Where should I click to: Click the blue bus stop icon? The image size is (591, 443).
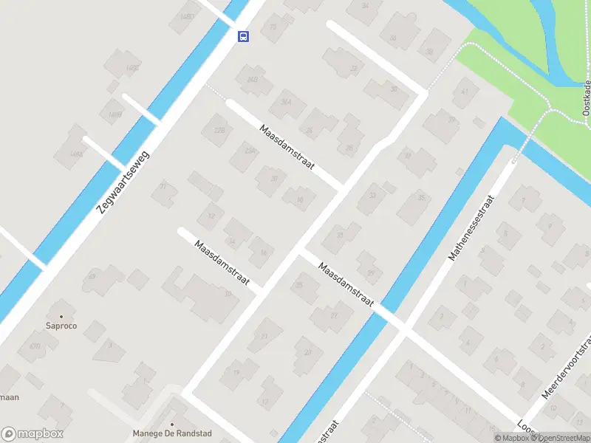[x=243, y=36]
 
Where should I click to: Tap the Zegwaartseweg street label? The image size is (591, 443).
[x=123, y=182]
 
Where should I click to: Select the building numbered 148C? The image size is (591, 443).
[x=132, y=68]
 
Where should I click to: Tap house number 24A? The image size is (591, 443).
[x=286, y=103]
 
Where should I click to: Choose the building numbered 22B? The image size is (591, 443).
[x=219, y=131]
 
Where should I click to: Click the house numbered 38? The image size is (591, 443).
[x=428, y=52]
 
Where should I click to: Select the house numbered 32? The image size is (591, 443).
[x=354, y=69]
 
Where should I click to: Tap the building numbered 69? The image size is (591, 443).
[x=92, y=276]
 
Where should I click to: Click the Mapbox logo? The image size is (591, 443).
[x=33, y=434]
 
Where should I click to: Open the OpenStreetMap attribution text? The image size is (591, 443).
[x=563, y=438]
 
